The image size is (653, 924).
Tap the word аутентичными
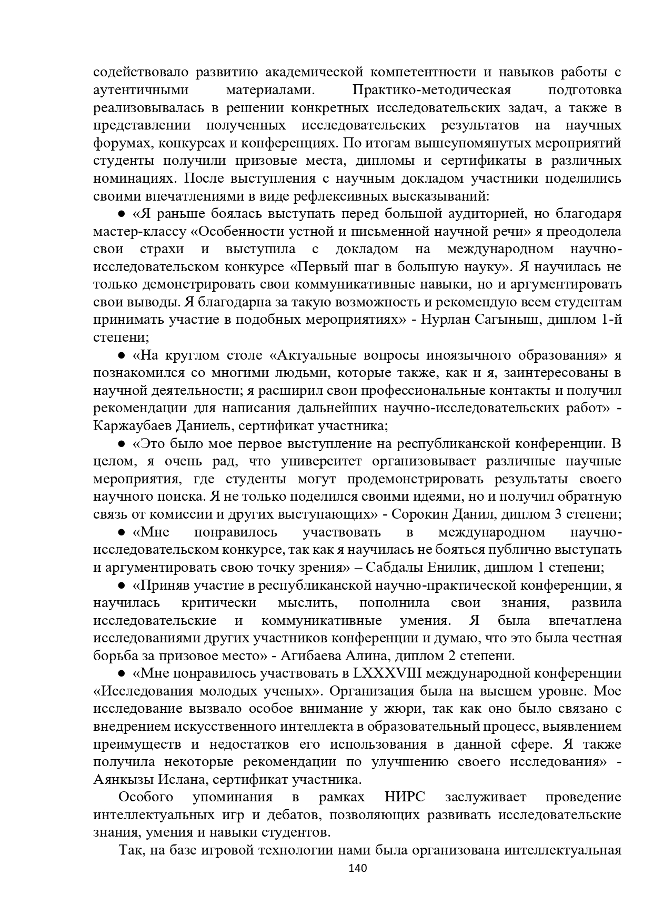(x=141, y=90)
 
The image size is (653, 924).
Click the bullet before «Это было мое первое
(x=121, y=444)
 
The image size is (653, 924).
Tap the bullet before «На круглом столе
(x=121, y=355)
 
